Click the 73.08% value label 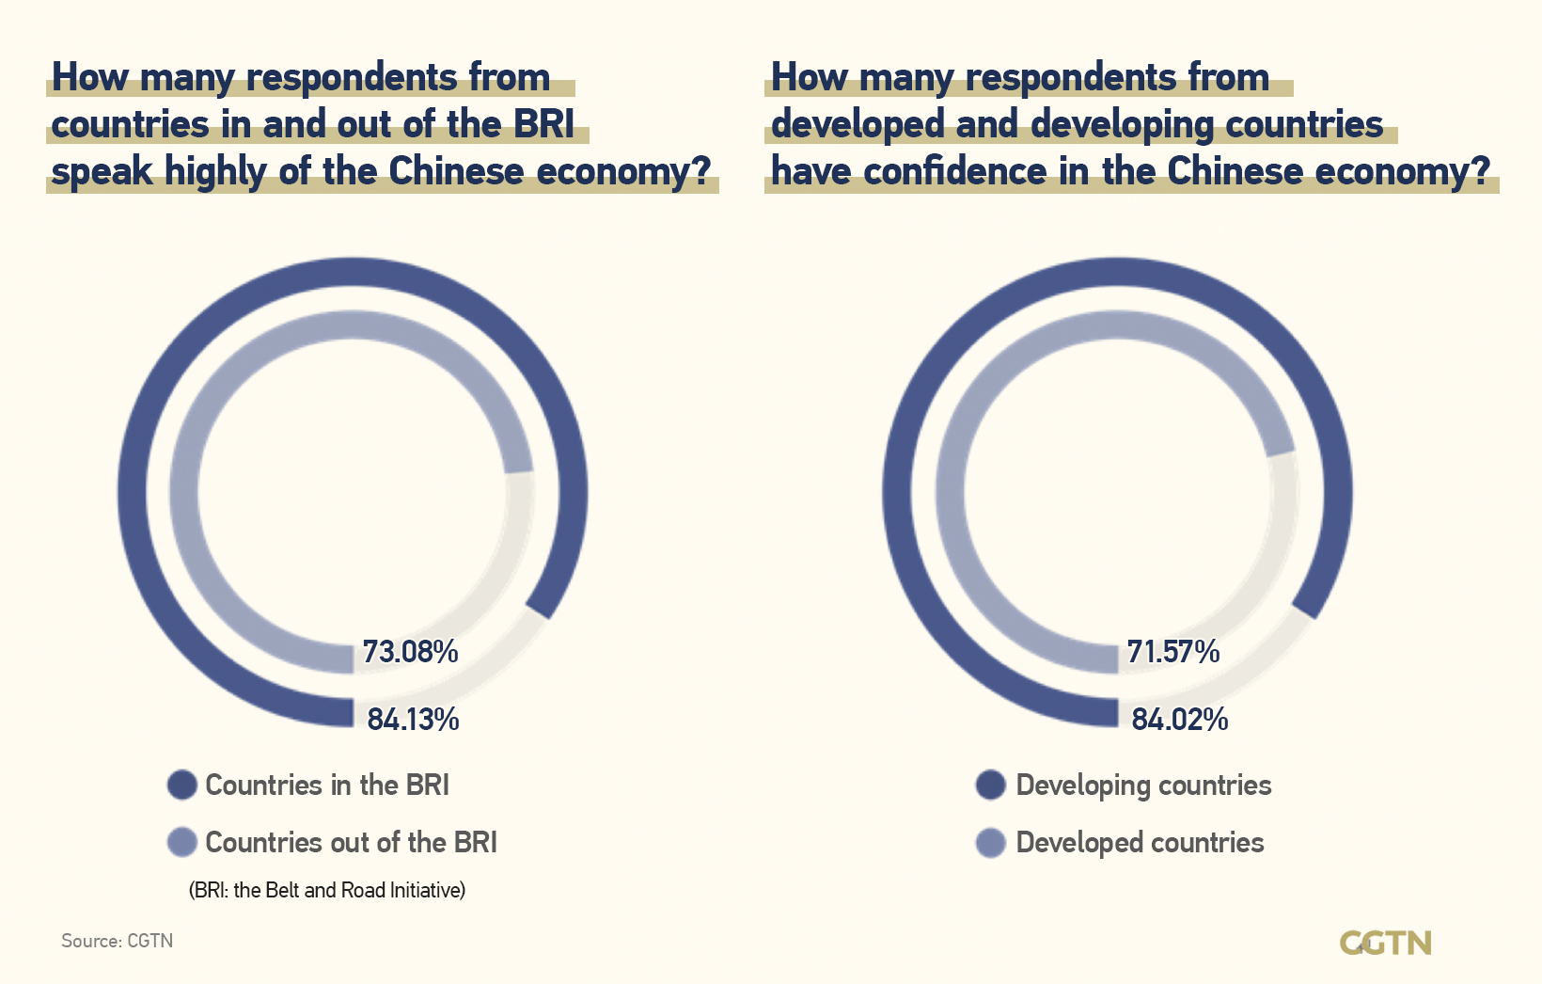point(410,651)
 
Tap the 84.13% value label point(413,720)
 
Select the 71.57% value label point(1172,651)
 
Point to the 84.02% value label point(1179,720)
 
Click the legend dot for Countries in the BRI point(181,785)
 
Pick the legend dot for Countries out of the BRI point(181,842)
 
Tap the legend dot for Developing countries point(991,785)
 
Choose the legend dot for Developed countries point(991,842)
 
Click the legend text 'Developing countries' point(1143,786)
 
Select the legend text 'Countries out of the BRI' point(351,842)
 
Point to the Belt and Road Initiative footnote point(327,890)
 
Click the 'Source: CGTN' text point(117,941)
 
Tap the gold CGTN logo point(1385,943)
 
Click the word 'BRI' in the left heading point(543,124)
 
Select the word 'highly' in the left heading point(215,172)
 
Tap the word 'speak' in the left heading point(102,172)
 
